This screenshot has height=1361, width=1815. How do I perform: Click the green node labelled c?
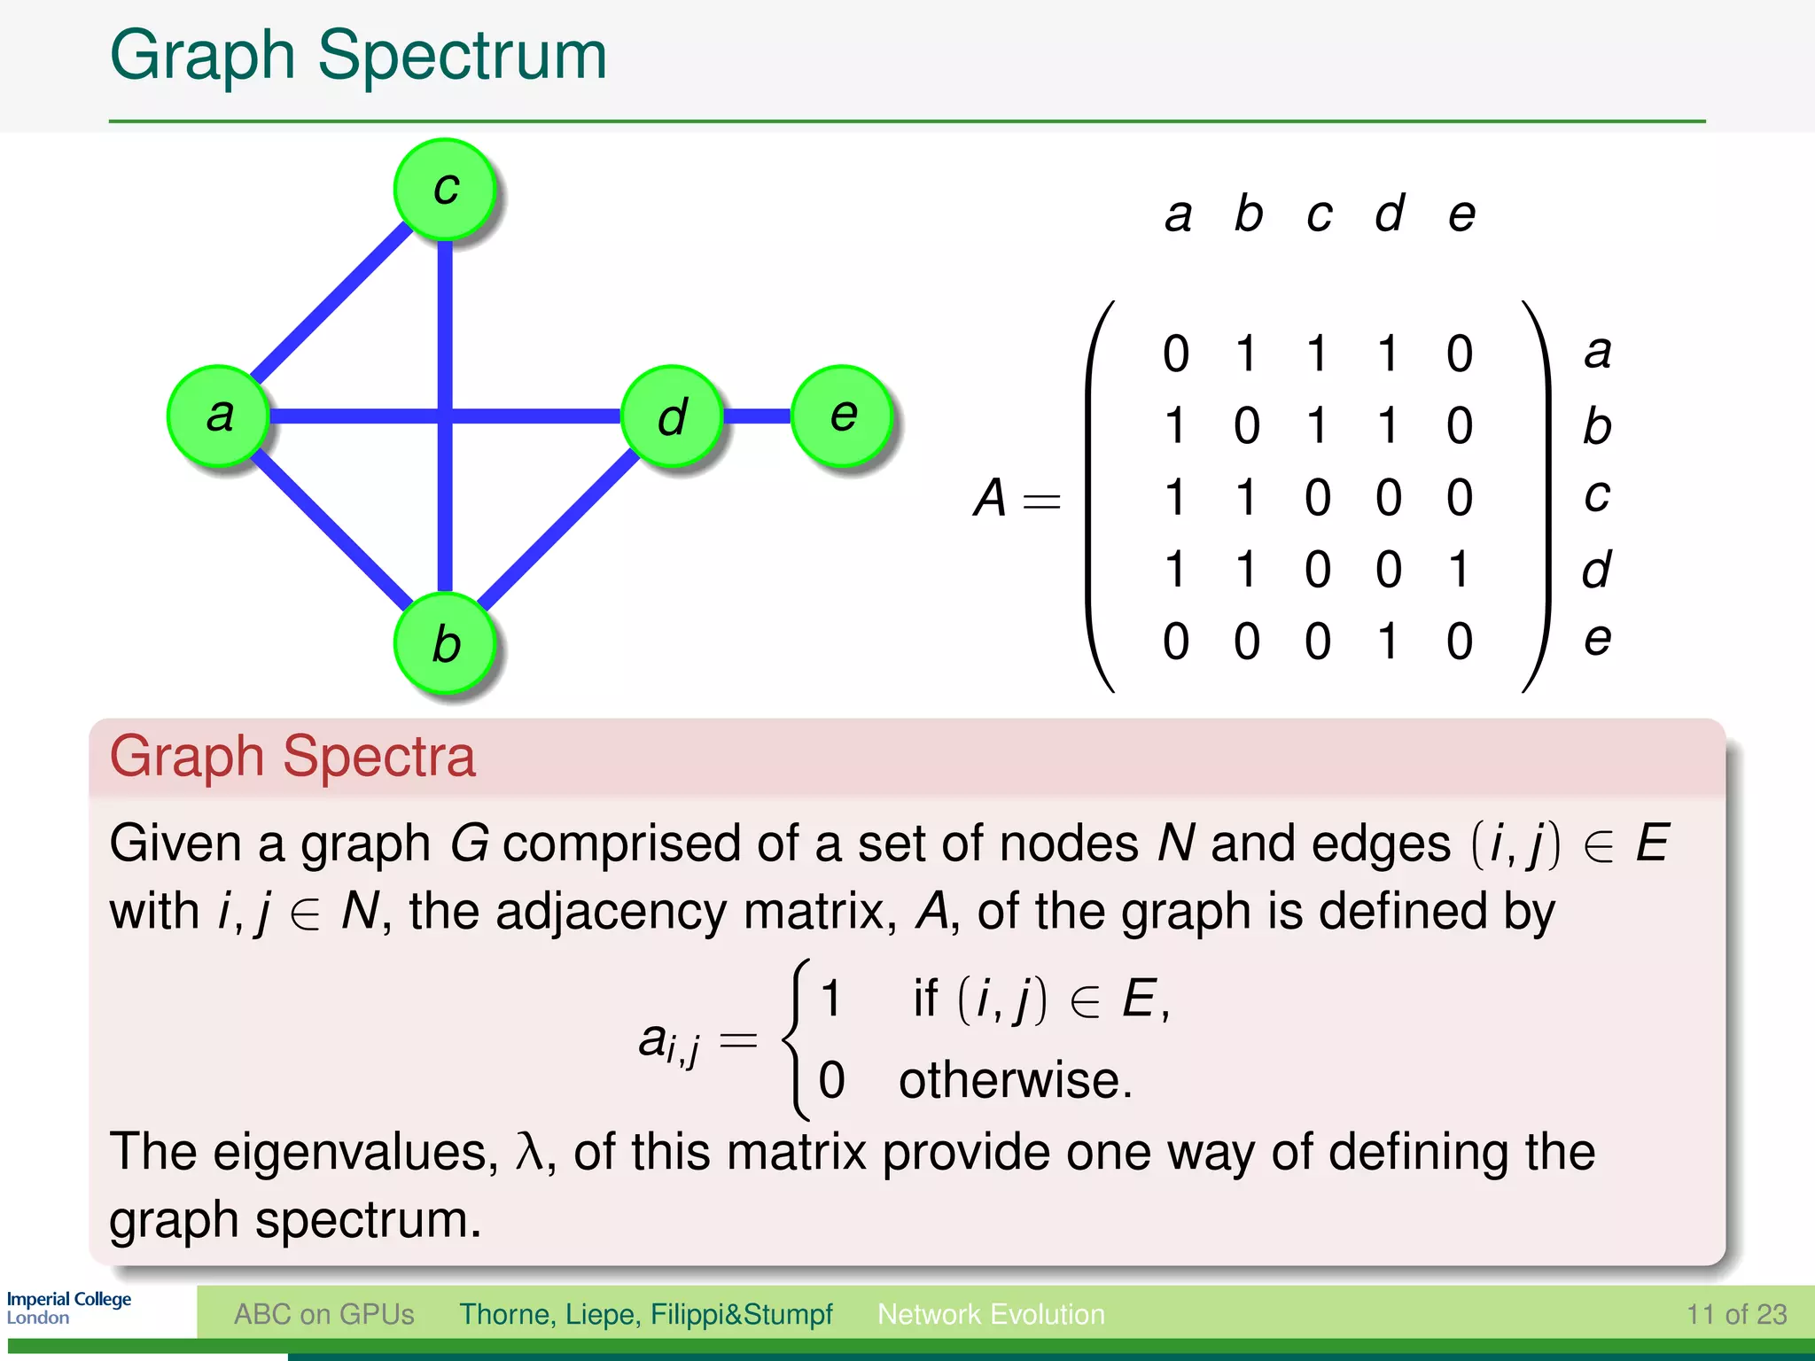click(x=445, y=190)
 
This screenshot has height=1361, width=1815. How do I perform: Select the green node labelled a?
click(x=218, y=416)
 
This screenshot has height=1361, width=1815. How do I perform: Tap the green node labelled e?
click(x=842, y=416)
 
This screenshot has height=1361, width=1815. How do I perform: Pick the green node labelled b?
click(x=445, y=643)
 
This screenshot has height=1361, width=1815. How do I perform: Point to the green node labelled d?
click(x=672, y=416)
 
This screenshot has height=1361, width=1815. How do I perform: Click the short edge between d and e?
click(x=757, y=416)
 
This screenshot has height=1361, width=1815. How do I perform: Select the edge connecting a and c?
click(x=330, y=301)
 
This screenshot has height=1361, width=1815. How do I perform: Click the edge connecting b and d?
click(x=558, y=530)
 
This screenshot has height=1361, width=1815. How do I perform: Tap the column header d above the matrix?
click(x=1389, y=214)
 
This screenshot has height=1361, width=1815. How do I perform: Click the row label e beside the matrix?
click(x=1597, y=639)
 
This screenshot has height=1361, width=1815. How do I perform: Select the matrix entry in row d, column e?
click(x=1459, y=569)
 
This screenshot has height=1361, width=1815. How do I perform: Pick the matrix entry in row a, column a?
click(x=1176, y=354)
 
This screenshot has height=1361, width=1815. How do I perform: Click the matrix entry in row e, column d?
click(x=1389, y=641)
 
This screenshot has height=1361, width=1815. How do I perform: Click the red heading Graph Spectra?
click(x=292, y=757)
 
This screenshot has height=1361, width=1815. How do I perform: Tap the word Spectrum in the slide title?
click(x=462, y=55)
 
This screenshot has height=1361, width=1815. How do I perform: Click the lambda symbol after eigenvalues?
click(x=529, y=1153)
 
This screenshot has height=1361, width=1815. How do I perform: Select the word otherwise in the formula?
click(x=1015, y=1081)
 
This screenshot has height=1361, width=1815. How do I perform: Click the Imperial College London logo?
click(x=69, y=1308)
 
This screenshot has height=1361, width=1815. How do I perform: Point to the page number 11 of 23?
click(x=1736, y=1314)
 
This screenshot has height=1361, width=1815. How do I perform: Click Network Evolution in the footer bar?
click(x=991, y=1314)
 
